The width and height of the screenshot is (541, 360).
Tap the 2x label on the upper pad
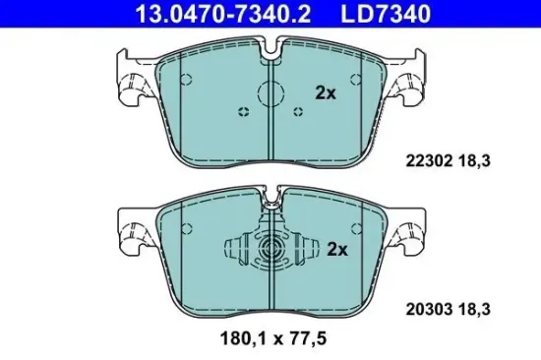[326, 93]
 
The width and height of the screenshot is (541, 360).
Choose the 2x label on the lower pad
[337, 249]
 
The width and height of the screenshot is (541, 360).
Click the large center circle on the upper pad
[270, 95]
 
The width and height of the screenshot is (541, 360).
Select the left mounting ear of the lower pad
[131, 233]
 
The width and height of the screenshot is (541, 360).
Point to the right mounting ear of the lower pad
[408, 233]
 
